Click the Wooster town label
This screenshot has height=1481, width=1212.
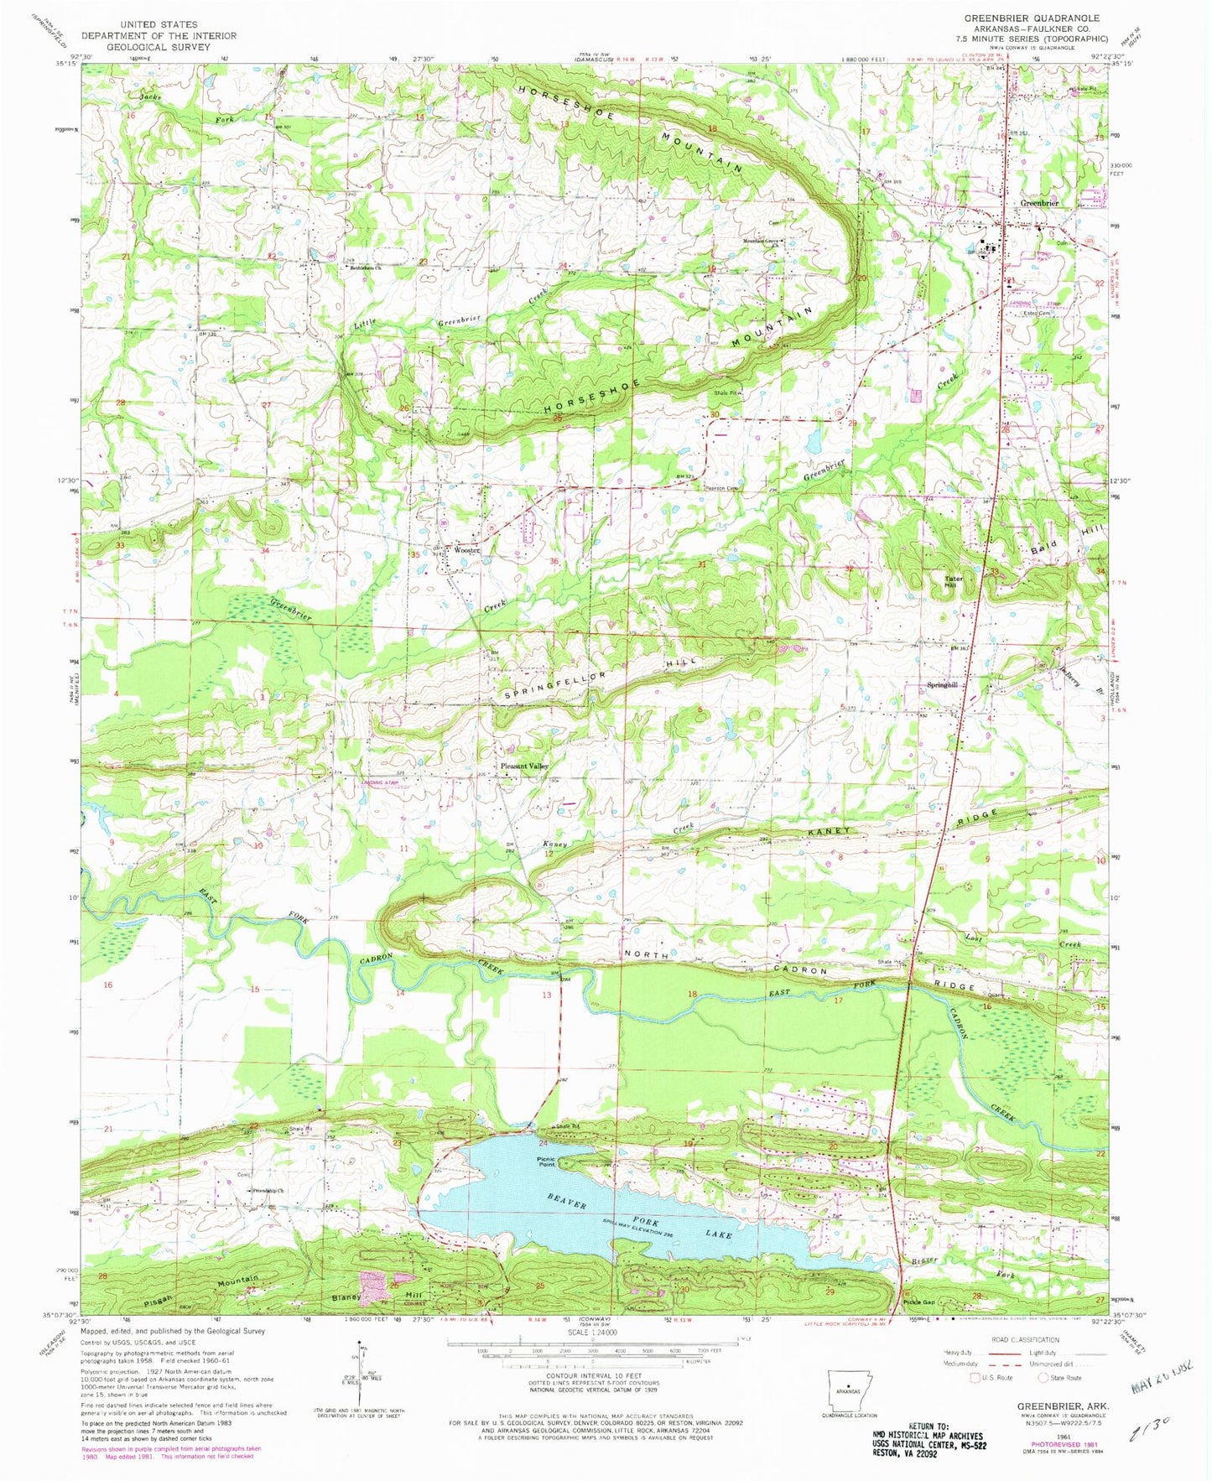[x=466, y=550]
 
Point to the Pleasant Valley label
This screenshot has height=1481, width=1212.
[x=524, y=766]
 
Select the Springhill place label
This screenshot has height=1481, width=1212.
[x=942, y=685]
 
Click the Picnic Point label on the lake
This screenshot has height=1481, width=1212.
[x=546, y=1161]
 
